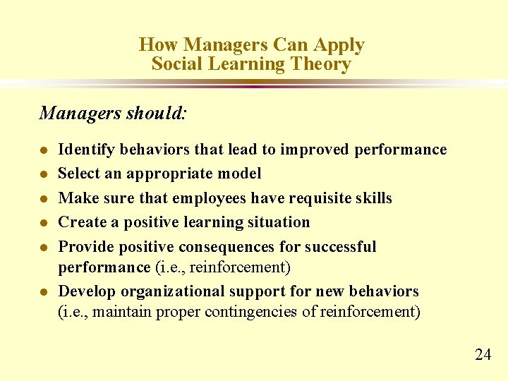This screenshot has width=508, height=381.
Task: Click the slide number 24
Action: pyautogui.click(x=483, y=354)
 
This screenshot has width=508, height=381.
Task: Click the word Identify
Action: pyautogui.click(x=87, y=150)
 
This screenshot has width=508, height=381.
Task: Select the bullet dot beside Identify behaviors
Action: pyautogui.click(x=44, y=150)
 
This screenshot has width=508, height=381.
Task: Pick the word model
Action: pyautogui.click(x=240, y=174)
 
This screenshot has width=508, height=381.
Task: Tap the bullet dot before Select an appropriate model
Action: pyautogui.click(x=44, y=174)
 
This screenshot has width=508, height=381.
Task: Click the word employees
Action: pyautogui.click(x=207, y=198)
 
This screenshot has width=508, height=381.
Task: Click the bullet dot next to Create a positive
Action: pyautogui.click(x=44, y=223)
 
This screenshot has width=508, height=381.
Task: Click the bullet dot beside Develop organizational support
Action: pyautogui.click(x=44, y=292)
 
